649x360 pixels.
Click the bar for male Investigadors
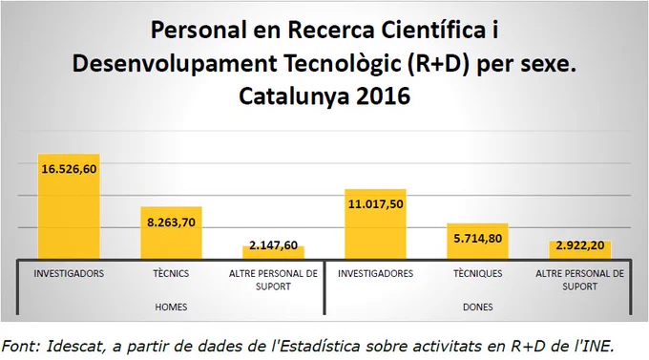pos(69,206)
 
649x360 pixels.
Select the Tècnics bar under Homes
pos(171,233)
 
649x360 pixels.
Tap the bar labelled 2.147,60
pos(273,253)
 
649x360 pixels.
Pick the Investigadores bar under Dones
pos(375,224)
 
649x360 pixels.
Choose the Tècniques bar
pos(477,242)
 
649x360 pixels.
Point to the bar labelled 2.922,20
pos(580,250)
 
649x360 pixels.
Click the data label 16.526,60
pos(69,169)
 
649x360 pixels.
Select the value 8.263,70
pos(172,222)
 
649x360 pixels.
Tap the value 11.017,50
pos(376,204)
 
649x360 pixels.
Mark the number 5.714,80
pos(478,239)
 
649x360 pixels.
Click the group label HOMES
pos(171,307)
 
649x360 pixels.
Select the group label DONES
pos(477,307)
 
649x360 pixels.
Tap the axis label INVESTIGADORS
pos(69,273)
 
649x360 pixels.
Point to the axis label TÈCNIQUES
pos(477,273)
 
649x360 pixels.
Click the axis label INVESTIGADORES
pos(375,273)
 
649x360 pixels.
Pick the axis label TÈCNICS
pos(171,273)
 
